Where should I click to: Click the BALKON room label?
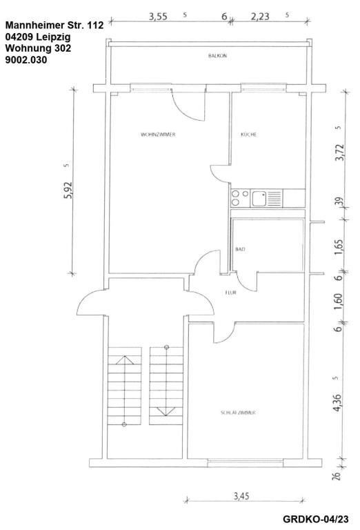[x=217, y=56]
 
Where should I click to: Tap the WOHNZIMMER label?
[x=158, y=135]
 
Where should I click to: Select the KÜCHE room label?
[x=248, y=135]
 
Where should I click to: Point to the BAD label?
[x=240, y=249]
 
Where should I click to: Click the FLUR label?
[x=230, y=293]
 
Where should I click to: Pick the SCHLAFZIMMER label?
[x=239, y=412]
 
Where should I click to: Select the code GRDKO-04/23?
[x=317, y=519]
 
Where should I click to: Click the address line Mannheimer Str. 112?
[x=54, y=26]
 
